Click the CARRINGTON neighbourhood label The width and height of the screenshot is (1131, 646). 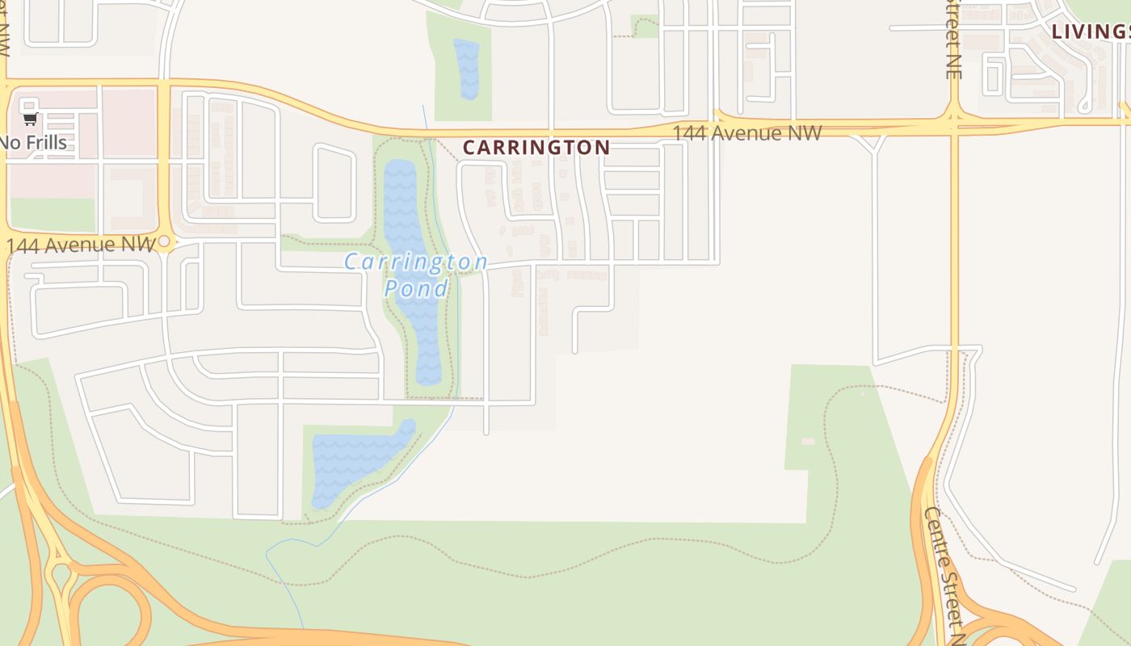(536, 148)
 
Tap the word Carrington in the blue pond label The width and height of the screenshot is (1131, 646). (415, 262)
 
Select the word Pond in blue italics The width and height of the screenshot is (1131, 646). (415, 288)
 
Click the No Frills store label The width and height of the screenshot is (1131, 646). (33, 143)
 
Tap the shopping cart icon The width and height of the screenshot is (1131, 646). (30, 120)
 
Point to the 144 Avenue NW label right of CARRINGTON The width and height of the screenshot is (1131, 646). (746, 132)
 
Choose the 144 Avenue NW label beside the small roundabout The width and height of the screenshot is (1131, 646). (80, 244)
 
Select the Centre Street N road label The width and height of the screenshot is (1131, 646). (944, 573)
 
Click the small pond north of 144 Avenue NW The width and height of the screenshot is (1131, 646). (467, 69)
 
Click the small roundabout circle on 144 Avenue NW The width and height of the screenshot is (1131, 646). (164, 241)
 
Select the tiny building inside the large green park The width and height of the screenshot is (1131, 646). (808, 441)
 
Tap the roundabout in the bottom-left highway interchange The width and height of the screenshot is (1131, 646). (60, 577)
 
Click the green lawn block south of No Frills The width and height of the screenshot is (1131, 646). (53, 215)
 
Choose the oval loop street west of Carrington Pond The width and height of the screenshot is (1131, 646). (334, 183)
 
